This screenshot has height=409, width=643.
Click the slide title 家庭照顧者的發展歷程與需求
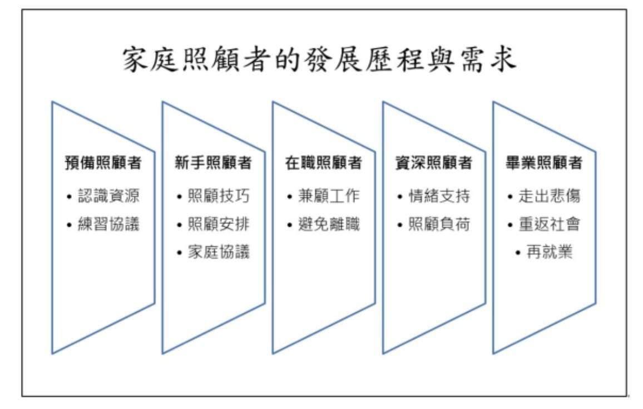pos(319,60)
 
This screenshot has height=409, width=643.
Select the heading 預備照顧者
pos(103,163)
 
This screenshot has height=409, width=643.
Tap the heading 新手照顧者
pos(213,163)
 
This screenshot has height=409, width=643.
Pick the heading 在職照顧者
pos(324,163)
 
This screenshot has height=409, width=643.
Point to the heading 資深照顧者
pos(433,163)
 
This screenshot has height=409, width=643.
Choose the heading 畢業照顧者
pos(544,163)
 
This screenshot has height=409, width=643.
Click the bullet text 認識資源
pos(108,196)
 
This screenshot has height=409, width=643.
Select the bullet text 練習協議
pos(108,224)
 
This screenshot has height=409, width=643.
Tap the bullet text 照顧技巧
pos(219,196)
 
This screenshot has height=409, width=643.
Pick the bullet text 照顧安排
pos(219,224)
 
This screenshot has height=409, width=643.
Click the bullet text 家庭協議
pos(219,252)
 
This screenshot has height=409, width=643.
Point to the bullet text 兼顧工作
pos(329,196)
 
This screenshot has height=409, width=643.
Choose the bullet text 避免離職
pos(329,224)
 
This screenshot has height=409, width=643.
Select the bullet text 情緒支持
pos(439,196)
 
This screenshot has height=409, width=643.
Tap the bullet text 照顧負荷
pos(439,224)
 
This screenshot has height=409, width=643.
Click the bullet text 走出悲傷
pos(550,196)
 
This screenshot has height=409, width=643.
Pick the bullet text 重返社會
pos(550,224)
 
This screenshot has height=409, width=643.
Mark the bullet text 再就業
pos(550,252)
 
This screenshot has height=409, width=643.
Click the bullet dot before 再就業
pos(518,253)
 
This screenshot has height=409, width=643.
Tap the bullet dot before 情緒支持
pos(400,197)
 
